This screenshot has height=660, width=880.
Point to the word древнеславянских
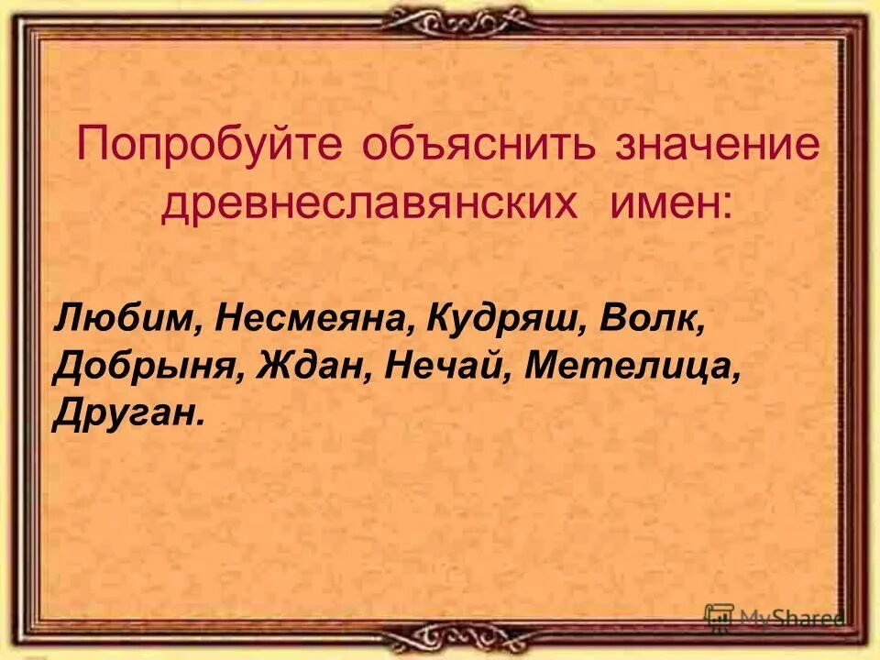369,203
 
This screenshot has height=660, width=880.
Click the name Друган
123,414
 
